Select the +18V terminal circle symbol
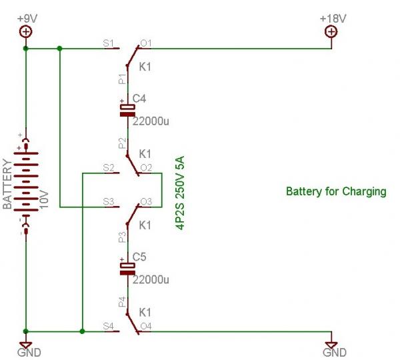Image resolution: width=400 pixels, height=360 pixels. coord(331,31)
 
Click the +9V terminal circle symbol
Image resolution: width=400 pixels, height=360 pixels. coord(25,31)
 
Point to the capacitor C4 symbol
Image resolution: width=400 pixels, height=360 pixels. coord(127,111)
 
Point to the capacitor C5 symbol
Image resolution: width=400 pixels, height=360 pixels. coord(127,268)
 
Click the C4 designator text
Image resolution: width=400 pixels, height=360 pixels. coord(139,99)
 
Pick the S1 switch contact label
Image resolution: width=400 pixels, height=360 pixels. coord(109,43)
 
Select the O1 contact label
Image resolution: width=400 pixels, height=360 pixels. coord(146,43)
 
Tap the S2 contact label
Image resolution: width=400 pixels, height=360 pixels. coord(109,167)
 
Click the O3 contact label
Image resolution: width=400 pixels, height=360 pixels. coord(146,201)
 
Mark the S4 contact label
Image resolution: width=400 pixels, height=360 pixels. coord(109,325)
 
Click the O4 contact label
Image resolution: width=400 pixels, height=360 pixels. coord(146,325)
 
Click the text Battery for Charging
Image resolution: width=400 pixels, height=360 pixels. coord(336,191)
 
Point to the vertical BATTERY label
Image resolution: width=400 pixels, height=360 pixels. coord(7,184)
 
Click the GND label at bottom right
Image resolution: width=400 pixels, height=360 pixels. coord(331,352)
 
